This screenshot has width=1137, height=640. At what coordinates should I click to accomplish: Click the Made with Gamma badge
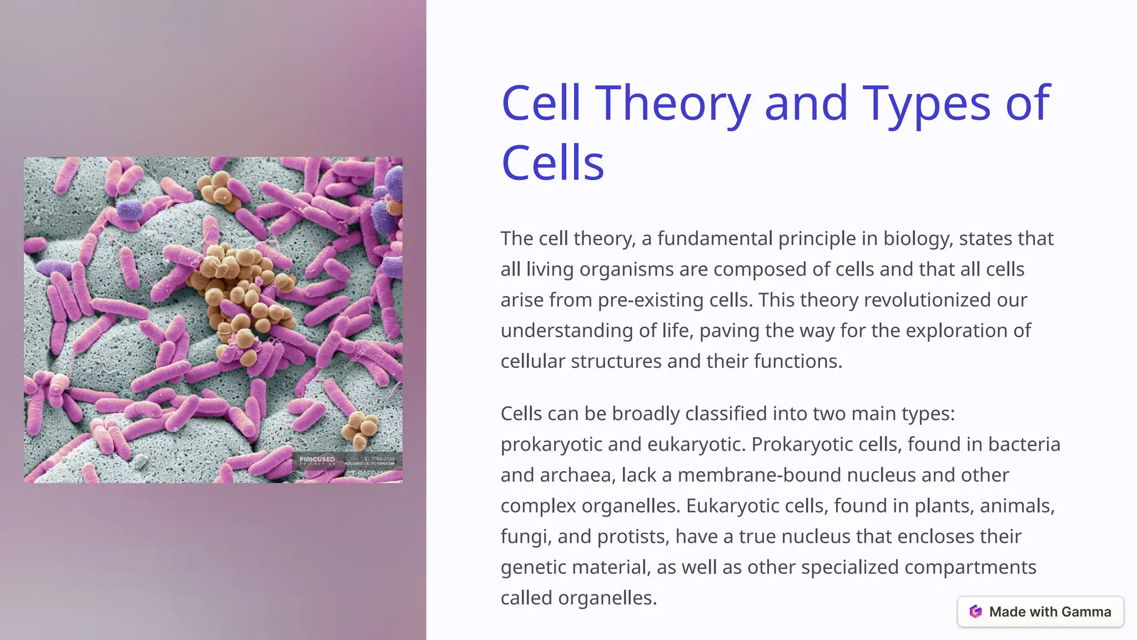pos(1040,612)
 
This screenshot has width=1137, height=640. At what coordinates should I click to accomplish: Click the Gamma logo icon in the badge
pos(975,612)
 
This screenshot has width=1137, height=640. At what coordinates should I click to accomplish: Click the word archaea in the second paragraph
pos(575,475)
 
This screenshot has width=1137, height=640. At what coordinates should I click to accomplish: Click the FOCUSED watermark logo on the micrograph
pos(318,460)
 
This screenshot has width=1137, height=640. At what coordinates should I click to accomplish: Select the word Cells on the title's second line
pos(552,163)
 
